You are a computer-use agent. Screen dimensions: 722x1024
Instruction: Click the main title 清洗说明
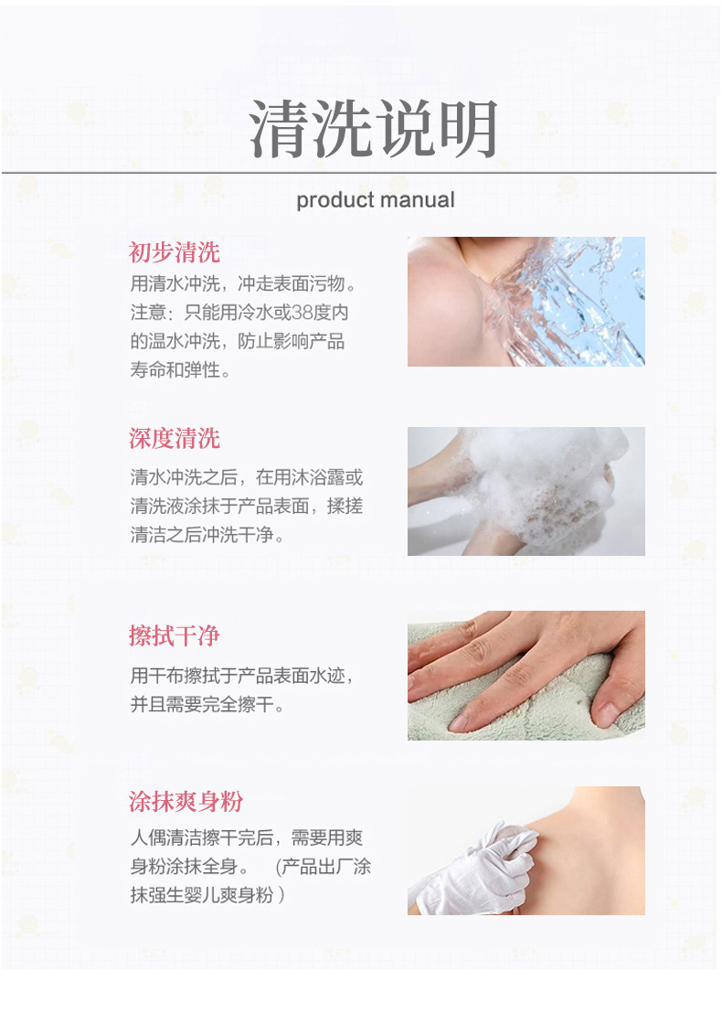click(374, 129)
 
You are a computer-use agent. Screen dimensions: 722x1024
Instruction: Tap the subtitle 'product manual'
click(376, 200)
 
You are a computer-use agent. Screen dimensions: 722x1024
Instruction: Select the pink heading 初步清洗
click(175, 252)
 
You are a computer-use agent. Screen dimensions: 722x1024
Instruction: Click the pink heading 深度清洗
click(175, 438)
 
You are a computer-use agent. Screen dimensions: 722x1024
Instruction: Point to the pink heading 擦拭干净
click(175, 635)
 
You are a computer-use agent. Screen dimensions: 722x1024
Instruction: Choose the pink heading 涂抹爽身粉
click(186, 801)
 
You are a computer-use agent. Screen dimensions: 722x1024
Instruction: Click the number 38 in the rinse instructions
click(302, 313)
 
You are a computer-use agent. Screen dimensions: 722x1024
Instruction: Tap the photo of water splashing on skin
click(526, 301)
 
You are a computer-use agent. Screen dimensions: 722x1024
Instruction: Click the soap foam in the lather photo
click(542, 484)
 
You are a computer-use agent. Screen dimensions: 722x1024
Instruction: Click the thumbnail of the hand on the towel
click(526, 676)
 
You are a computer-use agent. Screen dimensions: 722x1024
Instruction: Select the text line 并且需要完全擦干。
click(207, 705)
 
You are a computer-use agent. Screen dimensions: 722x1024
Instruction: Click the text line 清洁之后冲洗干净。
click(207, 535)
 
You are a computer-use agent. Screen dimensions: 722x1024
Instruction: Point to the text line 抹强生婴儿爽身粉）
click(207, 895)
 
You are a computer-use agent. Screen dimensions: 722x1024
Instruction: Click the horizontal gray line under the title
click(359, 173)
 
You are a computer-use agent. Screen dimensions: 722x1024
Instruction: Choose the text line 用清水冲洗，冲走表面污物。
click(244, 284)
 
